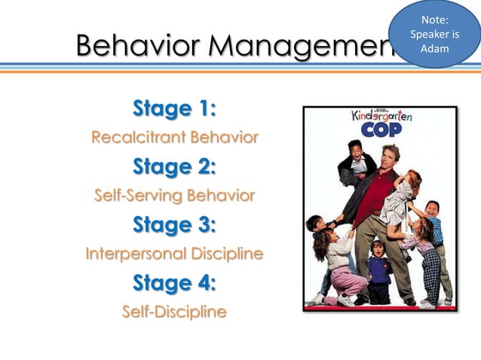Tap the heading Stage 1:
[174, 108]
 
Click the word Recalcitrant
[138, 138]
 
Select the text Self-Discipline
[174, 312]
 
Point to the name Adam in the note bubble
[434, 49]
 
